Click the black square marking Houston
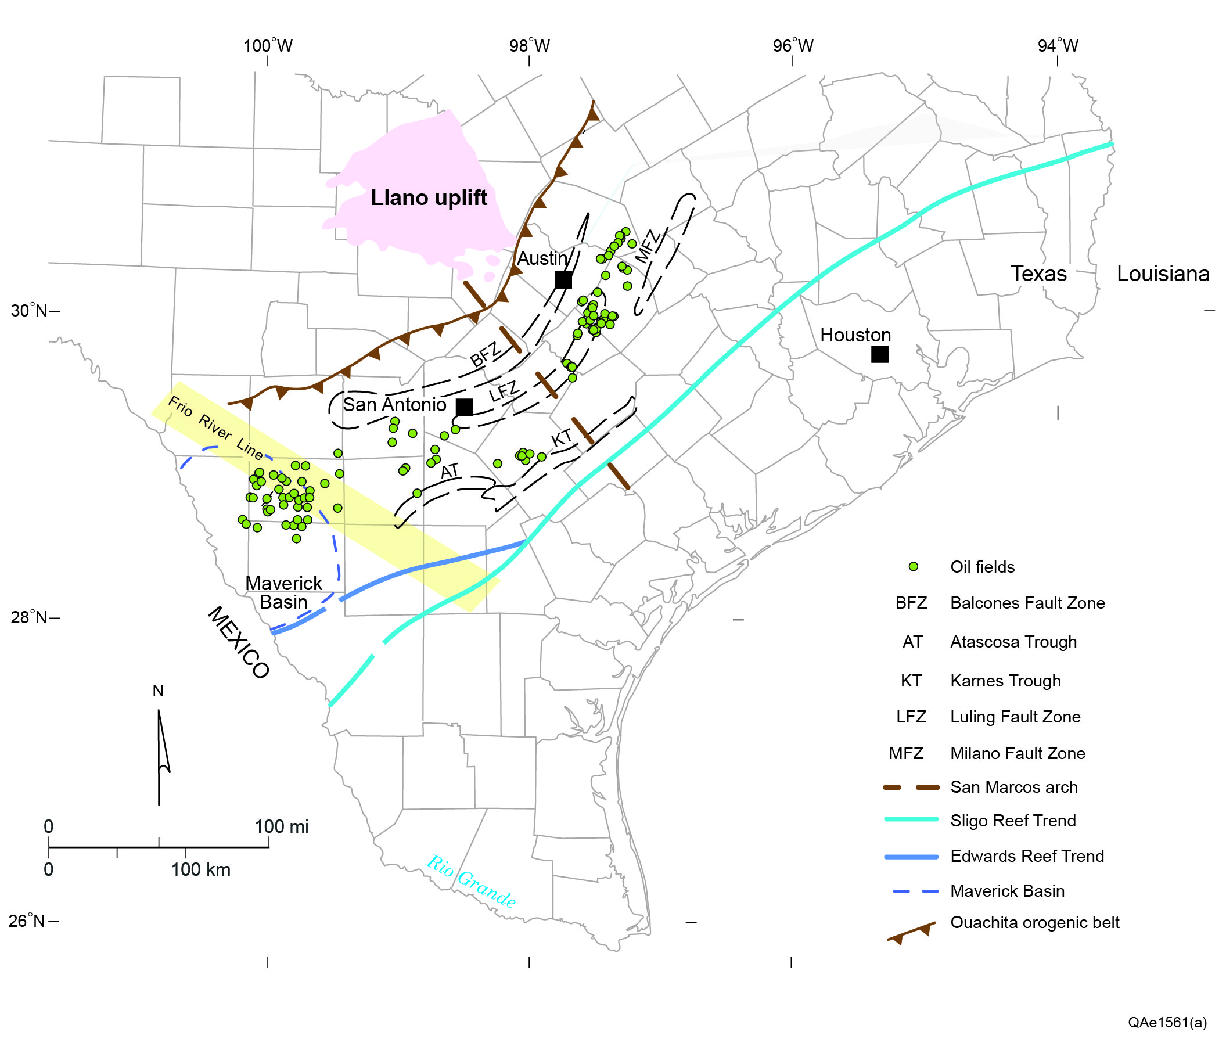(x=879, y=354)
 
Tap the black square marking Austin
(x=563, y=280)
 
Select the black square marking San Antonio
(x=464, y=407)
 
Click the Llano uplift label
(x=429, y=198)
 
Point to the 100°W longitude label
(x=267, y=46)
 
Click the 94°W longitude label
(x=1058, y=46)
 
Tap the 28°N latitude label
(x=29, y=617)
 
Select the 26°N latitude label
(x=27, y=921)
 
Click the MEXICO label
(x=239, y=642)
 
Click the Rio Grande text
(x=470, y=881)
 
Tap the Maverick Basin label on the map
(x=283, y=592)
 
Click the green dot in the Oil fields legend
(x=913, y=567)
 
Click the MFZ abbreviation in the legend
(x=905, y=753)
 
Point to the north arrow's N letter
(x=158, y=691)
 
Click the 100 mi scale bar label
(x=281, y=826)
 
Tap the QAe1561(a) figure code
(x=1167, y=1022)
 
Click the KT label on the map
(x=561, y=438)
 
